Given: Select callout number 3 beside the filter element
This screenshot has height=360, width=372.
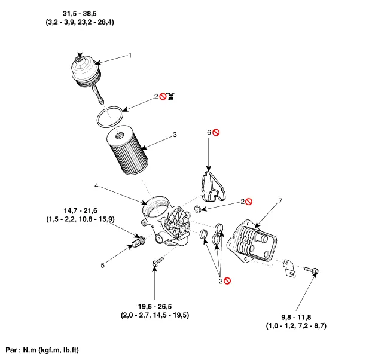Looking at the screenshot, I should pos(175,135).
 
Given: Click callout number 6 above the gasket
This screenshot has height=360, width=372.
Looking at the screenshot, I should pos(209,132).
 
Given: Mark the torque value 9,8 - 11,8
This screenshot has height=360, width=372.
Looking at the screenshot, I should pos(296,317).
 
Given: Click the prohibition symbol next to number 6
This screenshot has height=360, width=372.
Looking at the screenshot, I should pos(217,132).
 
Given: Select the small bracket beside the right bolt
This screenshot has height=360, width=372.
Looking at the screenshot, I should pos(289,268).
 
